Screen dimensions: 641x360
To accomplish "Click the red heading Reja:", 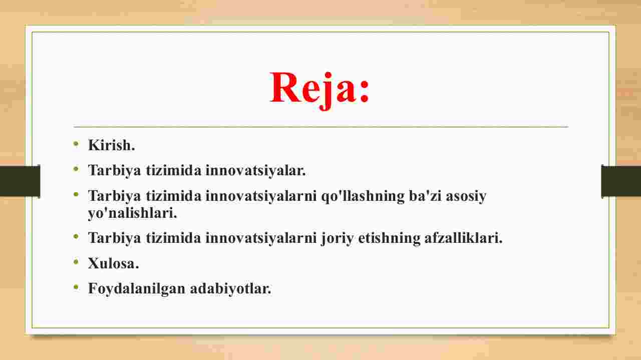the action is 319,89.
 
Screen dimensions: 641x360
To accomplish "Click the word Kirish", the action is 111,145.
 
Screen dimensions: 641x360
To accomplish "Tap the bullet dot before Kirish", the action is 76,143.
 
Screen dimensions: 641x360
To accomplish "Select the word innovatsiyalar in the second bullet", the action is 255,171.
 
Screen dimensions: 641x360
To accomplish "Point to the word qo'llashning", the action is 363,197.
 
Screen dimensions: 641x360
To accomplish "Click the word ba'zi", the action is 425,196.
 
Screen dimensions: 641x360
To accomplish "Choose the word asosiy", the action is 466,197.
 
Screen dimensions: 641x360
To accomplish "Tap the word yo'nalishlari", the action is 133,213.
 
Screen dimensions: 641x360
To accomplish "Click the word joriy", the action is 337,238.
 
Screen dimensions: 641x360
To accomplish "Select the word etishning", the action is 389,238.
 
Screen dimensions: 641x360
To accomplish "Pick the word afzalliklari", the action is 463,237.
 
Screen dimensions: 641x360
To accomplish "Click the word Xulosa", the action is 113,263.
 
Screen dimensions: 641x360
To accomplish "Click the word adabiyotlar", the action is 230,289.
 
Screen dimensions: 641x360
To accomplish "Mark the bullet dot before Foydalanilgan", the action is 76,287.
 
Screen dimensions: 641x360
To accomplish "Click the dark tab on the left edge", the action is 20,181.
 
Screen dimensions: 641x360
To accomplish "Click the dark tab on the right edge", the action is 621,181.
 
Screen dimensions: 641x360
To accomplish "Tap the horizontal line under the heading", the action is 321,126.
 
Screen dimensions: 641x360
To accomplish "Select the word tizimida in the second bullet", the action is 173,171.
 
